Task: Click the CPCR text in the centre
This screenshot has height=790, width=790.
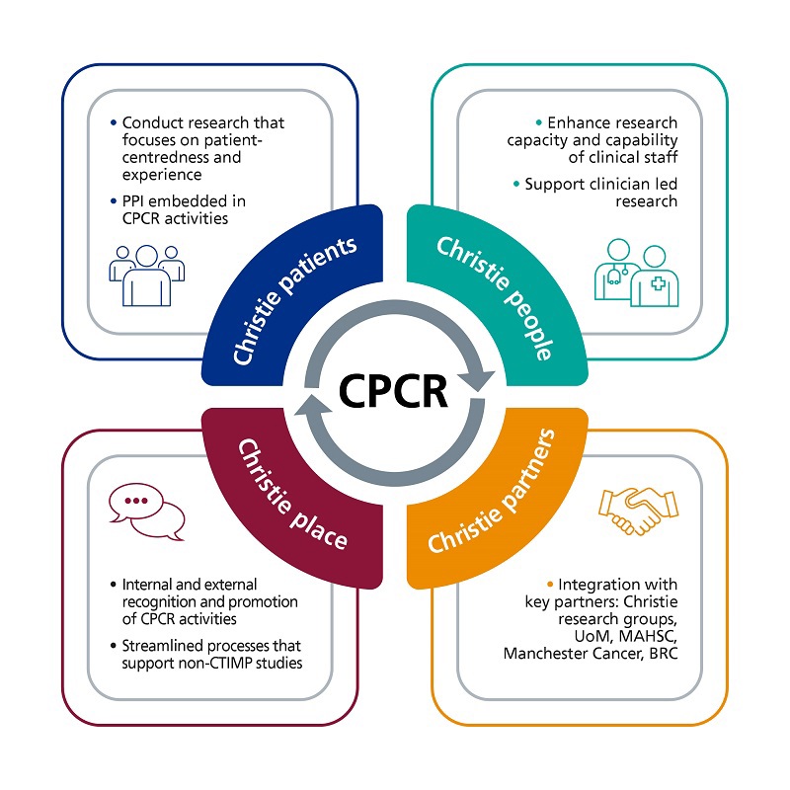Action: pyautogui.click(x=394, y=392)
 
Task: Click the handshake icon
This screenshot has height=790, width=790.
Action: pyautogui.click(x=639, y=509)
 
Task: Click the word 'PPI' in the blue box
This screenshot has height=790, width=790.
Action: pyautogui.click(x=135, y=201)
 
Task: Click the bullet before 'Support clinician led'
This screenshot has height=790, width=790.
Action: pyautogui.click(x=515, y=185)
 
